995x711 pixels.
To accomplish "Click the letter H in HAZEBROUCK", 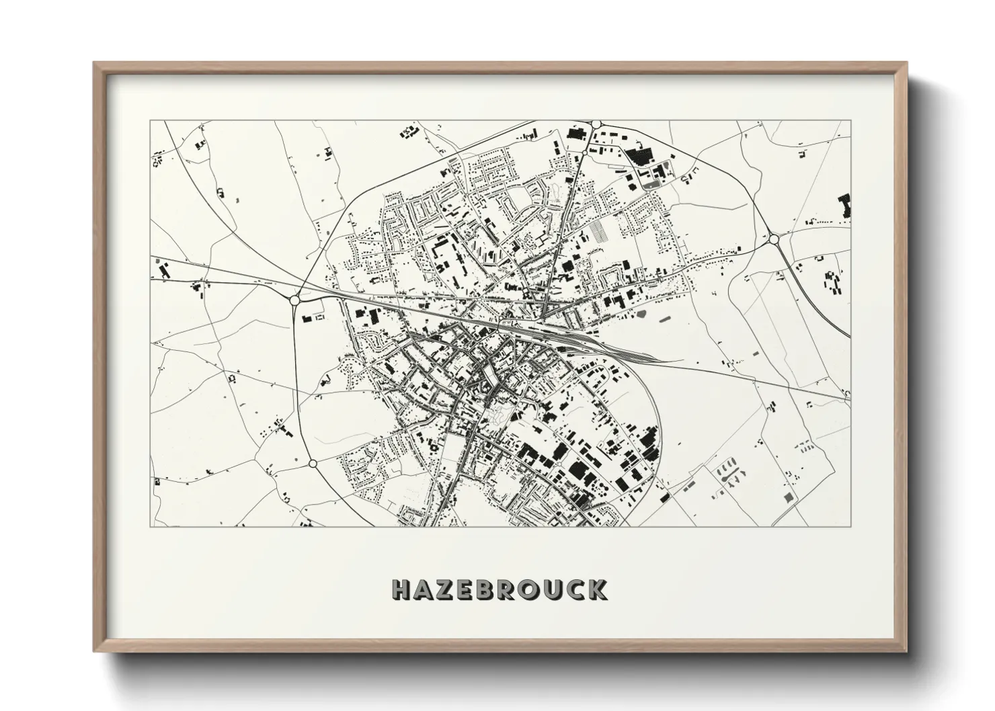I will (402, 589).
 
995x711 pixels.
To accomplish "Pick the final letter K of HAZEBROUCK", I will (598, 589).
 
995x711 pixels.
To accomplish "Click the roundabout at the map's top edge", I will (596, 124).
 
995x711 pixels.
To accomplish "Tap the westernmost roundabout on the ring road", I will (294, 300).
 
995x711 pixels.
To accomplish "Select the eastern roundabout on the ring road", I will (774, 239).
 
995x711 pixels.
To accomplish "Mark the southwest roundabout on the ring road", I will (313, 464).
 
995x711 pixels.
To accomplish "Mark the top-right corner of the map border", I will (850, 120).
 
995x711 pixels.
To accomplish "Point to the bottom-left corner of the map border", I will (151, 526).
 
